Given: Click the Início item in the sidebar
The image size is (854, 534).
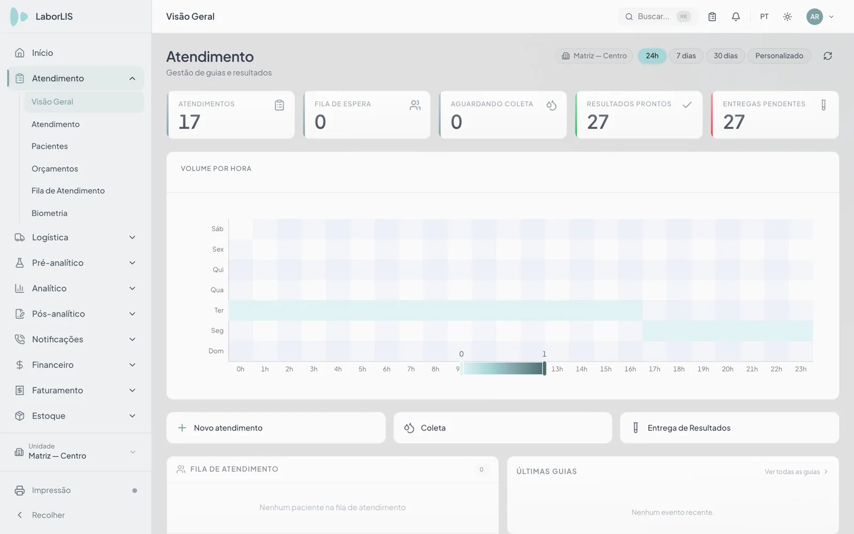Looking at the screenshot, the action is (42, 53).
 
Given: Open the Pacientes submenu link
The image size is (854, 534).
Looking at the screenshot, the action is (50, 146).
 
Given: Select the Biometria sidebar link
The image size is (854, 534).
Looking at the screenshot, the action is (49, 213).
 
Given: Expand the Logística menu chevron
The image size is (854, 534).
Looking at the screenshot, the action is (132, 237).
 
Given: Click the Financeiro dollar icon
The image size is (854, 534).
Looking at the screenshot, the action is (19, 365).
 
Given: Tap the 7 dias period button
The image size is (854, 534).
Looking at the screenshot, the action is (686, 56).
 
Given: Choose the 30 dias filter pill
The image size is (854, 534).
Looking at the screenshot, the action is (725, 56).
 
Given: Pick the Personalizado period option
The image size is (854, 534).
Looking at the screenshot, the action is (779, 56).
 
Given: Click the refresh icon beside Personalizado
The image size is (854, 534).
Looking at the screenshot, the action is (828, 56).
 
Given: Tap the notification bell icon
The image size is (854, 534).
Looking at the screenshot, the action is (736, 17).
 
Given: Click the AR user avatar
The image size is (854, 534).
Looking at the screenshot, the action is (815, 17).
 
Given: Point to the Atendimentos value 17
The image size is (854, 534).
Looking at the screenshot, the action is (189, 122).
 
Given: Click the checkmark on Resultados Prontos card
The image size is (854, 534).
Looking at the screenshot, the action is (687, 105).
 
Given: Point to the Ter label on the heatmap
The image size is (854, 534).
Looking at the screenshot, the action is (219, 310).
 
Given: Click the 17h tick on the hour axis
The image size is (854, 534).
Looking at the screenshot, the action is (654, 369).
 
